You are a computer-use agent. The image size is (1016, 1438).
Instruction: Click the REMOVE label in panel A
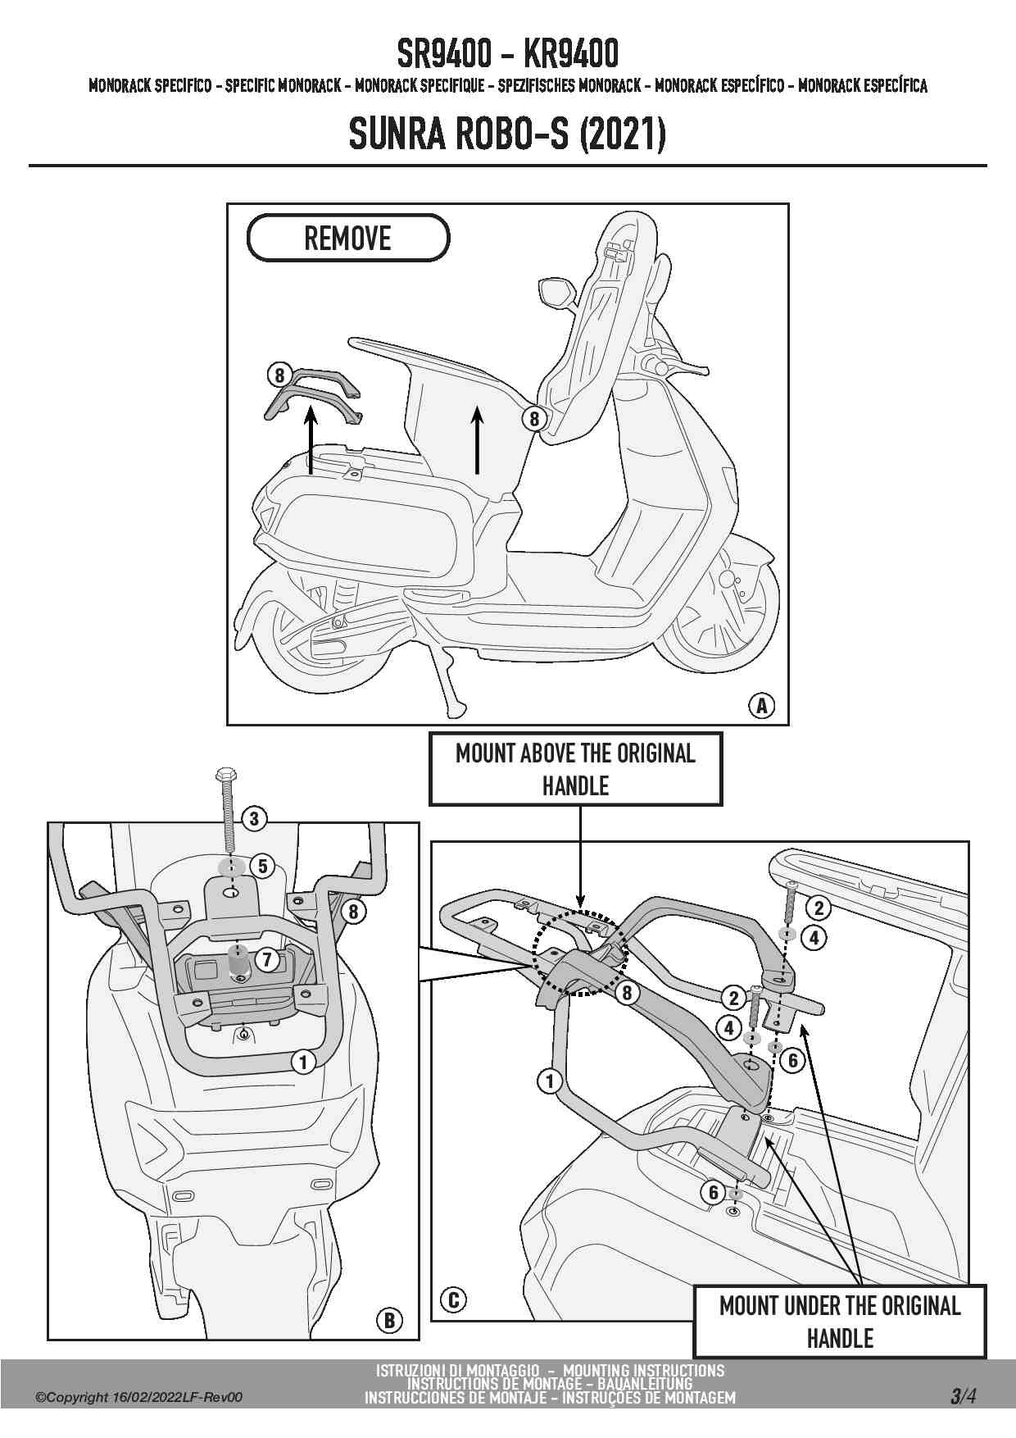(348, 239)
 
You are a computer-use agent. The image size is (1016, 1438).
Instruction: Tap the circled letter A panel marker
(762, 705)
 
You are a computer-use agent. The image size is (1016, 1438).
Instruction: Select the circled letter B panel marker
(389, 1320)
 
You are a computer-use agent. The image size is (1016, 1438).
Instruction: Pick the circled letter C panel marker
(453, 1299)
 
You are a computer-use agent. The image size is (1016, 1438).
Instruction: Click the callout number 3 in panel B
(254, 818)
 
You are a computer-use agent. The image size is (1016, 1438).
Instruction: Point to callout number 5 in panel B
(262, 866)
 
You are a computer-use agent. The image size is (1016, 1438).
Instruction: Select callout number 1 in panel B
(303, 1063)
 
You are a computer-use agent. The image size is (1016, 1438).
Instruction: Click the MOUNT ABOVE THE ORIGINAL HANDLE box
(575, 769)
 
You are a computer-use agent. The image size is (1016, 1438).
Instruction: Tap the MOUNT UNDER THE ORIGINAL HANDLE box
(840, 1322)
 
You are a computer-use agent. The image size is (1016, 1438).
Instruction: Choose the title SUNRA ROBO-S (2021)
(507, 134)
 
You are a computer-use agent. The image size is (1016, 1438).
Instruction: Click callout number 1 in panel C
(550, 1081)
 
